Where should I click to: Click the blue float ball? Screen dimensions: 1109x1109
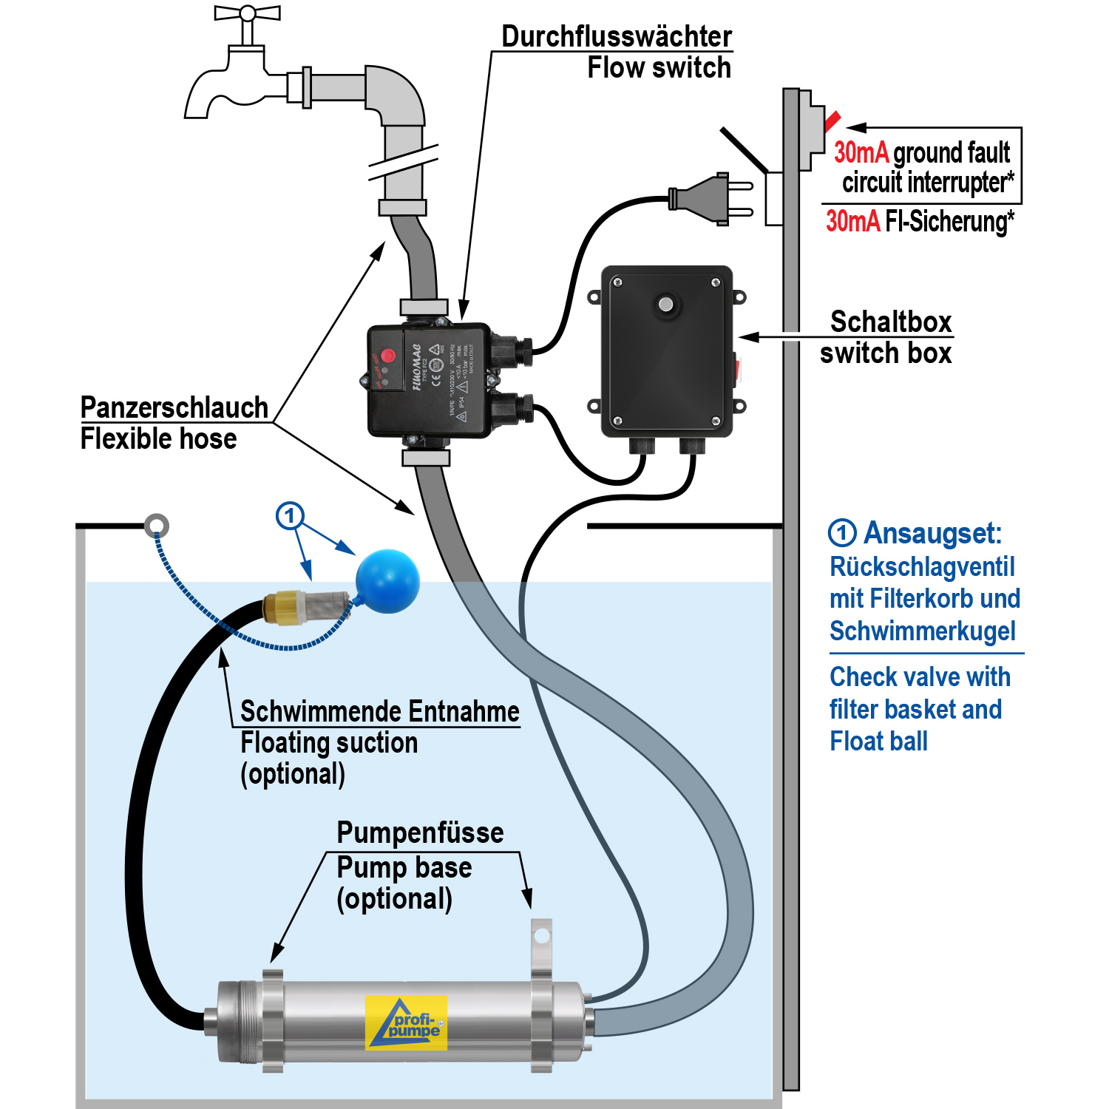[x=387, y=581]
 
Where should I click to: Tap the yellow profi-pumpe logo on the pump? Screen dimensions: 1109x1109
[x=407, y=1022]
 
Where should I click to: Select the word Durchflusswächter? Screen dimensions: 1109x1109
[x=617, y=36]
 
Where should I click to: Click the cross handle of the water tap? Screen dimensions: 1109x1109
[x=248, y=13]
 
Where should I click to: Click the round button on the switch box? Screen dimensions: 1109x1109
[x=666, y=305]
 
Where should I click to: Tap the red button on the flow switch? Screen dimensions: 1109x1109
[x=387, y=356]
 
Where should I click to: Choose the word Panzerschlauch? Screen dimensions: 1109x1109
[x=174, y=408]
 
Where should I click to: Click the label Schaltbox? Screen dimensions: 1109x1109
[x=890, y=322]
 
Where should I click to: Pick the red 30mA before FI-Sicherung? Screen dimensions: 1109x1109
[x=852, y=221]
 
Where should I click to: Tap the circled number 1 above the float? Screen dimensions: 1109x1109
[x=290, y=515]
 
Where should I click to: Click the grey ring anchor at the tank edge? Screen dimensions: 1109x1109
[x=156, y=526]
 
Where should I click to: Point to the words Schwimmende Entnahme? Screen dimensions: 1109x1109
[x=380, y=711]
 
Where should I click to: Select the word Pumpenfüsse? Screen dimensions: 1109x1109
[x=420, y=832]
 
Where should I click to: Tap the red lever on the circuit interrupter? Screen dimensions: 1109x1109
[x=832, y=120]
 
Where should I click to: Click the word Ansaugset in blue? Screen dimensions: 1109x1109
[x=932, y=533]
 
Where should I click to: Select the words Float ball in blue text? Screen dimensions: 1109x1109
[x=878, y=742]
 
